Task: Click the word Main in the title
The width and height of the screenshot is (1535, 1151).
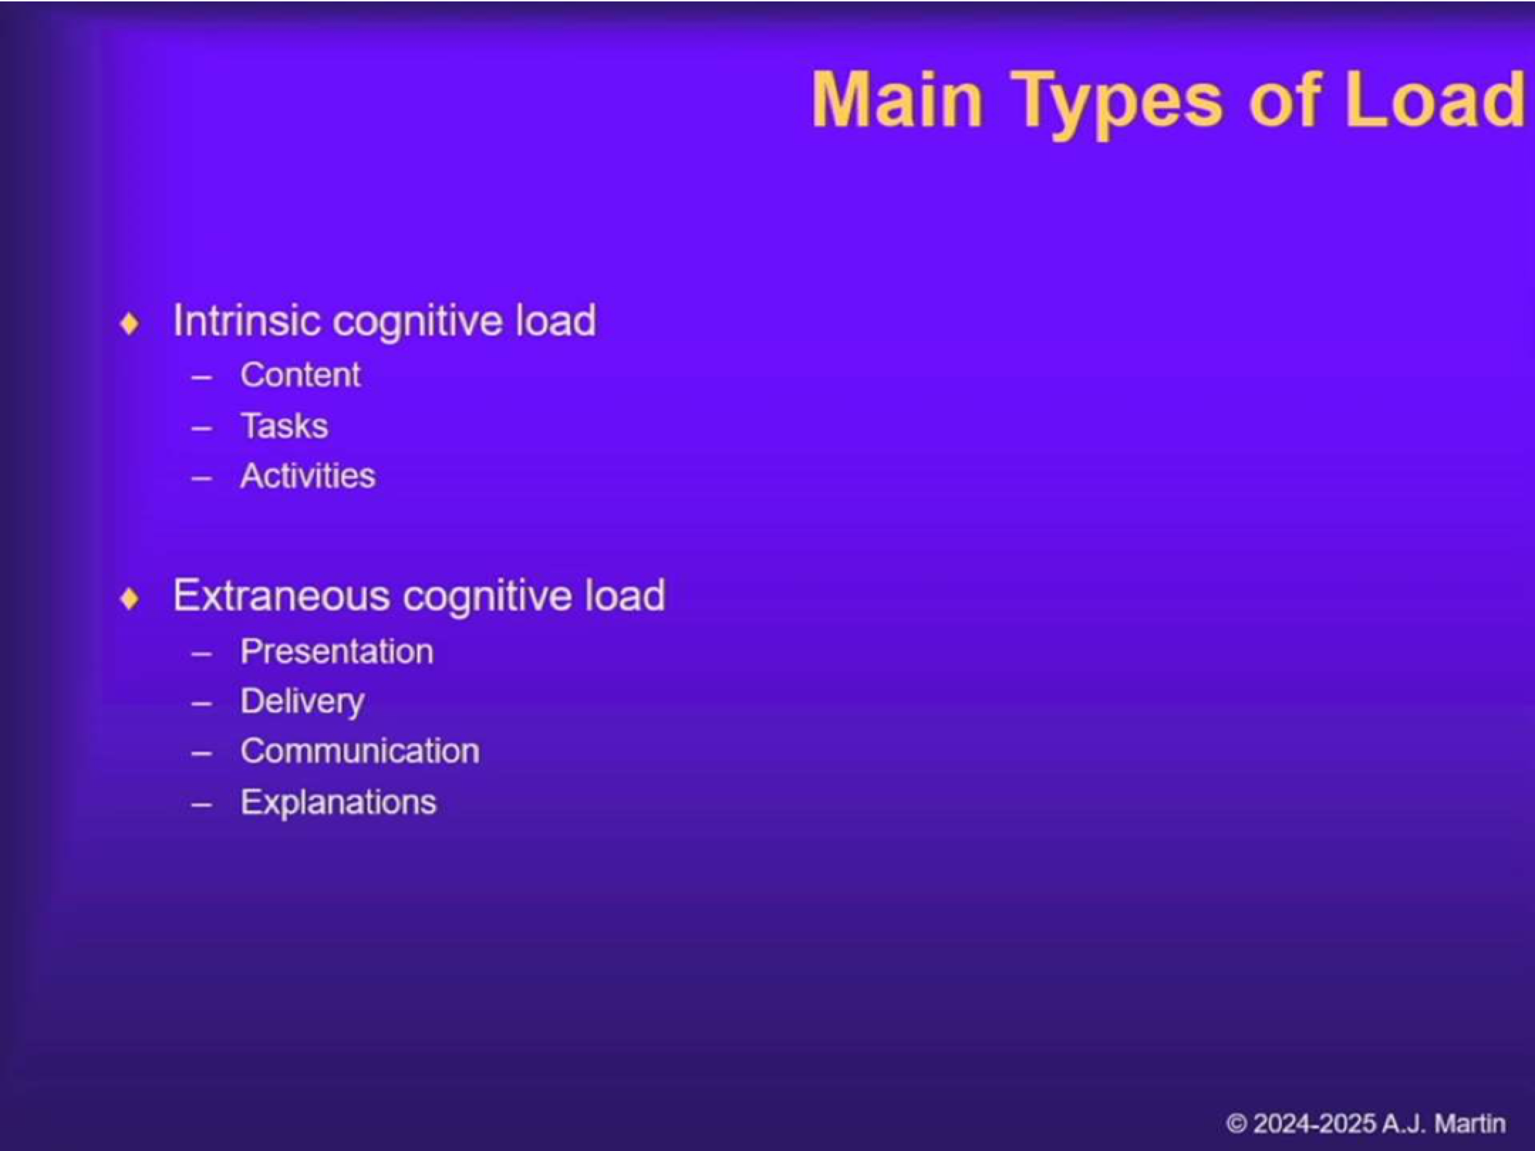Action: (897, 100)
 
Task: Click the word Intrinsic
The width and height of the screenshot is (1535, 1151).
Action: (247, 320)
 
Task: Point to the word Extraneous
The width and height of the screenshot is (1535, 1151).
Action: (281, 595)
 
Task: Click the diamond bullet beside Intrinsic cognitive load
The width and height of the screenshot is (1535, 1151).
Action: (130, 324)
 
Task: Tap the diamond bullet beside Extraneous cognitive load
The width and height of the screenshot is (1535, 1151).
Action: (130, 599)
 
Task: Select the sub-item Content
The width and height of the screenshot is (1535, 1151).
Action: (301, 375)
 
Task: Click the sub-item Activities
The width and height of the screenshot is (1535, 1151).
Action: (308, 476)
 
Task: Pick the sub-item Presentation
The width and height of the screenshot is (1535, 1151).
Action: (337, 652)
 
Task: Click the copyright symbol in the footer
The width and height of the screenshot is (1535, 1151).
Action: (1237, 1124)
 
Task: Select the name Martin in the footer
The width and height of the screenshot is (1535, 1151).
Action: (1470, 1124)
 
